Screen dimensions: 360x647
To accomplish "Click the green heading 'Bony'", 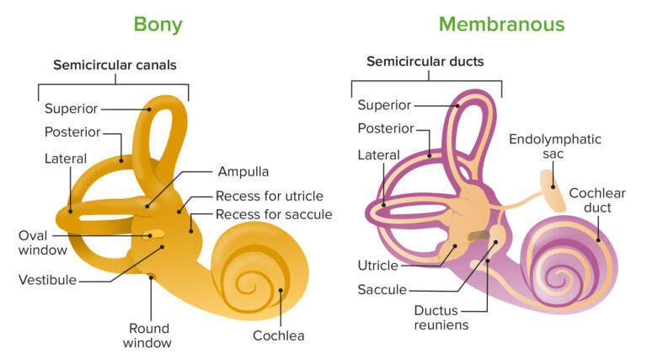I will (158, 24).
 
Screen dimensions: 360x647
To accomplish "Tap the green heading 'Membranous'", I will (501, 24).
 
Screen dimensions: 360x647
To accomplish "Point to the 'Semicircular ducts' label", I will (425, 62).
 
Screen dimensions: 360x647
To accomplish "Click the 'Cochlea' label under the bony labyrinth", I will (278, 336).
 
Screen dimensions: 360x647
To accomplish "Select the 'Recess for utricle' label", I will (269, 196).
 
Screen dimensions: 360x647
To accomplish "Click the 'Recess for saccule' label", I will (273, 215).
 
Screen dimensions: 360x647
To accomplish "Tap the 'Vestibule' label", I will (47, 280).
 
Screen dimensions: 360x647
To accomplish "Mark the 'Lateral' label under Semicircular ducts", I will (377, 155).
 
